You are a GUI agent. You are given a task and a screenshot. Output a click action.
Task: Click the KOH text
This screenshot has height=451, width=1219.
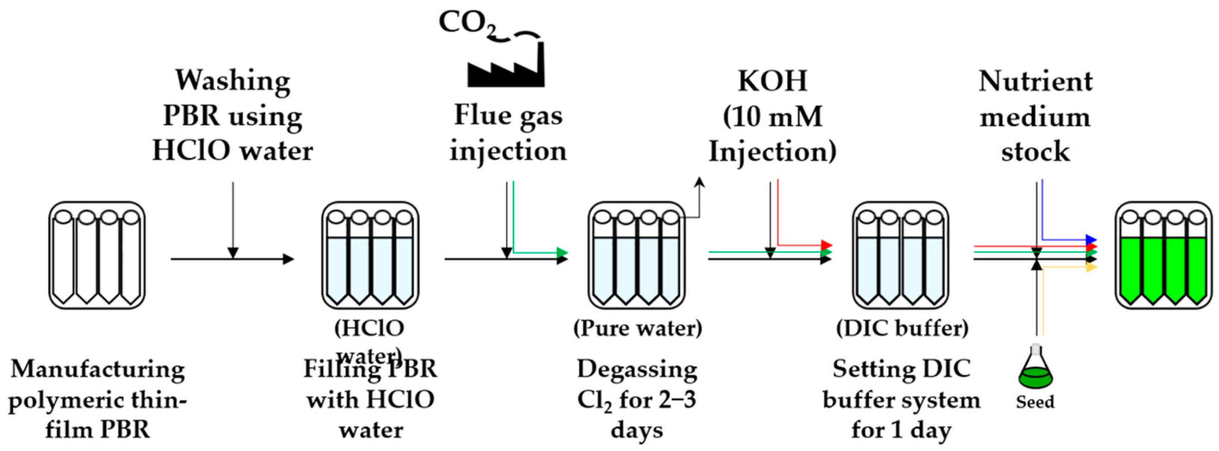coord(772,81)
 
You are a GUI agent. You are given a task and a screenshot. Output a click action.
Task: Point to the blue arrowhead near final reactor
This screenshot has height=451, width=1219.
coord(1091,239)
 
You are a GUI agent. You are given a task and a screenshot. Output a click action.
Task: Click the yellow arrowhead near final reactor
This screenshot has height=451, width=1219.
coord(1091,267)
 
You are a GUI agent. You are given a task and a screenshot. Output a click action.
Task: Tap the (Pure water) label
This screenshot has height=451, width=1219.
coord(637,328)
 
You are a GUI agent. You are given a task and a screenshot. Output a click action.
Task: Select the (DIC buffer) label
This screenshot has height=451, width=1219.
coord(902,328)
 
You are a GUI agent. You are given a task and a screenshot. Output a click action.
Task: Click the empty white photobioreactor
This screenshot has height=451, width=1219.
coord(97,256)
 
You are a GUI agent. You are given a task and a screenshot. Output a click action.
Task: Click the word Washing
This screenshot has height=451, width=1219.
coord(233,81)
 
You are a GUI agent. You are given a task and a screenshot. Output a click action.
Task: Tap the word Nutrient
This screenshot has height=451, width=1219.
coord(1036,81)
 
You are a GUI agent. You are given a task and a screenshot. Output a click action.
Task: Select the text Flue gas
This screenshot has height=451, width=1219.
coord(508,116)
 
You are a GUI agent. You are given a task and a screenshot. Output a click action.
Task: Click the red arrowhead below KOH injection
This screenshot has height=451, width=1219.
coord(826,245)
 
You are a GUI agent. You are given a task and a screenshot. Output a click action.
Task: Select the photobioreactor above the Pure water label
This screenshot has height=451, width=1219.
coord(637,256)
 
